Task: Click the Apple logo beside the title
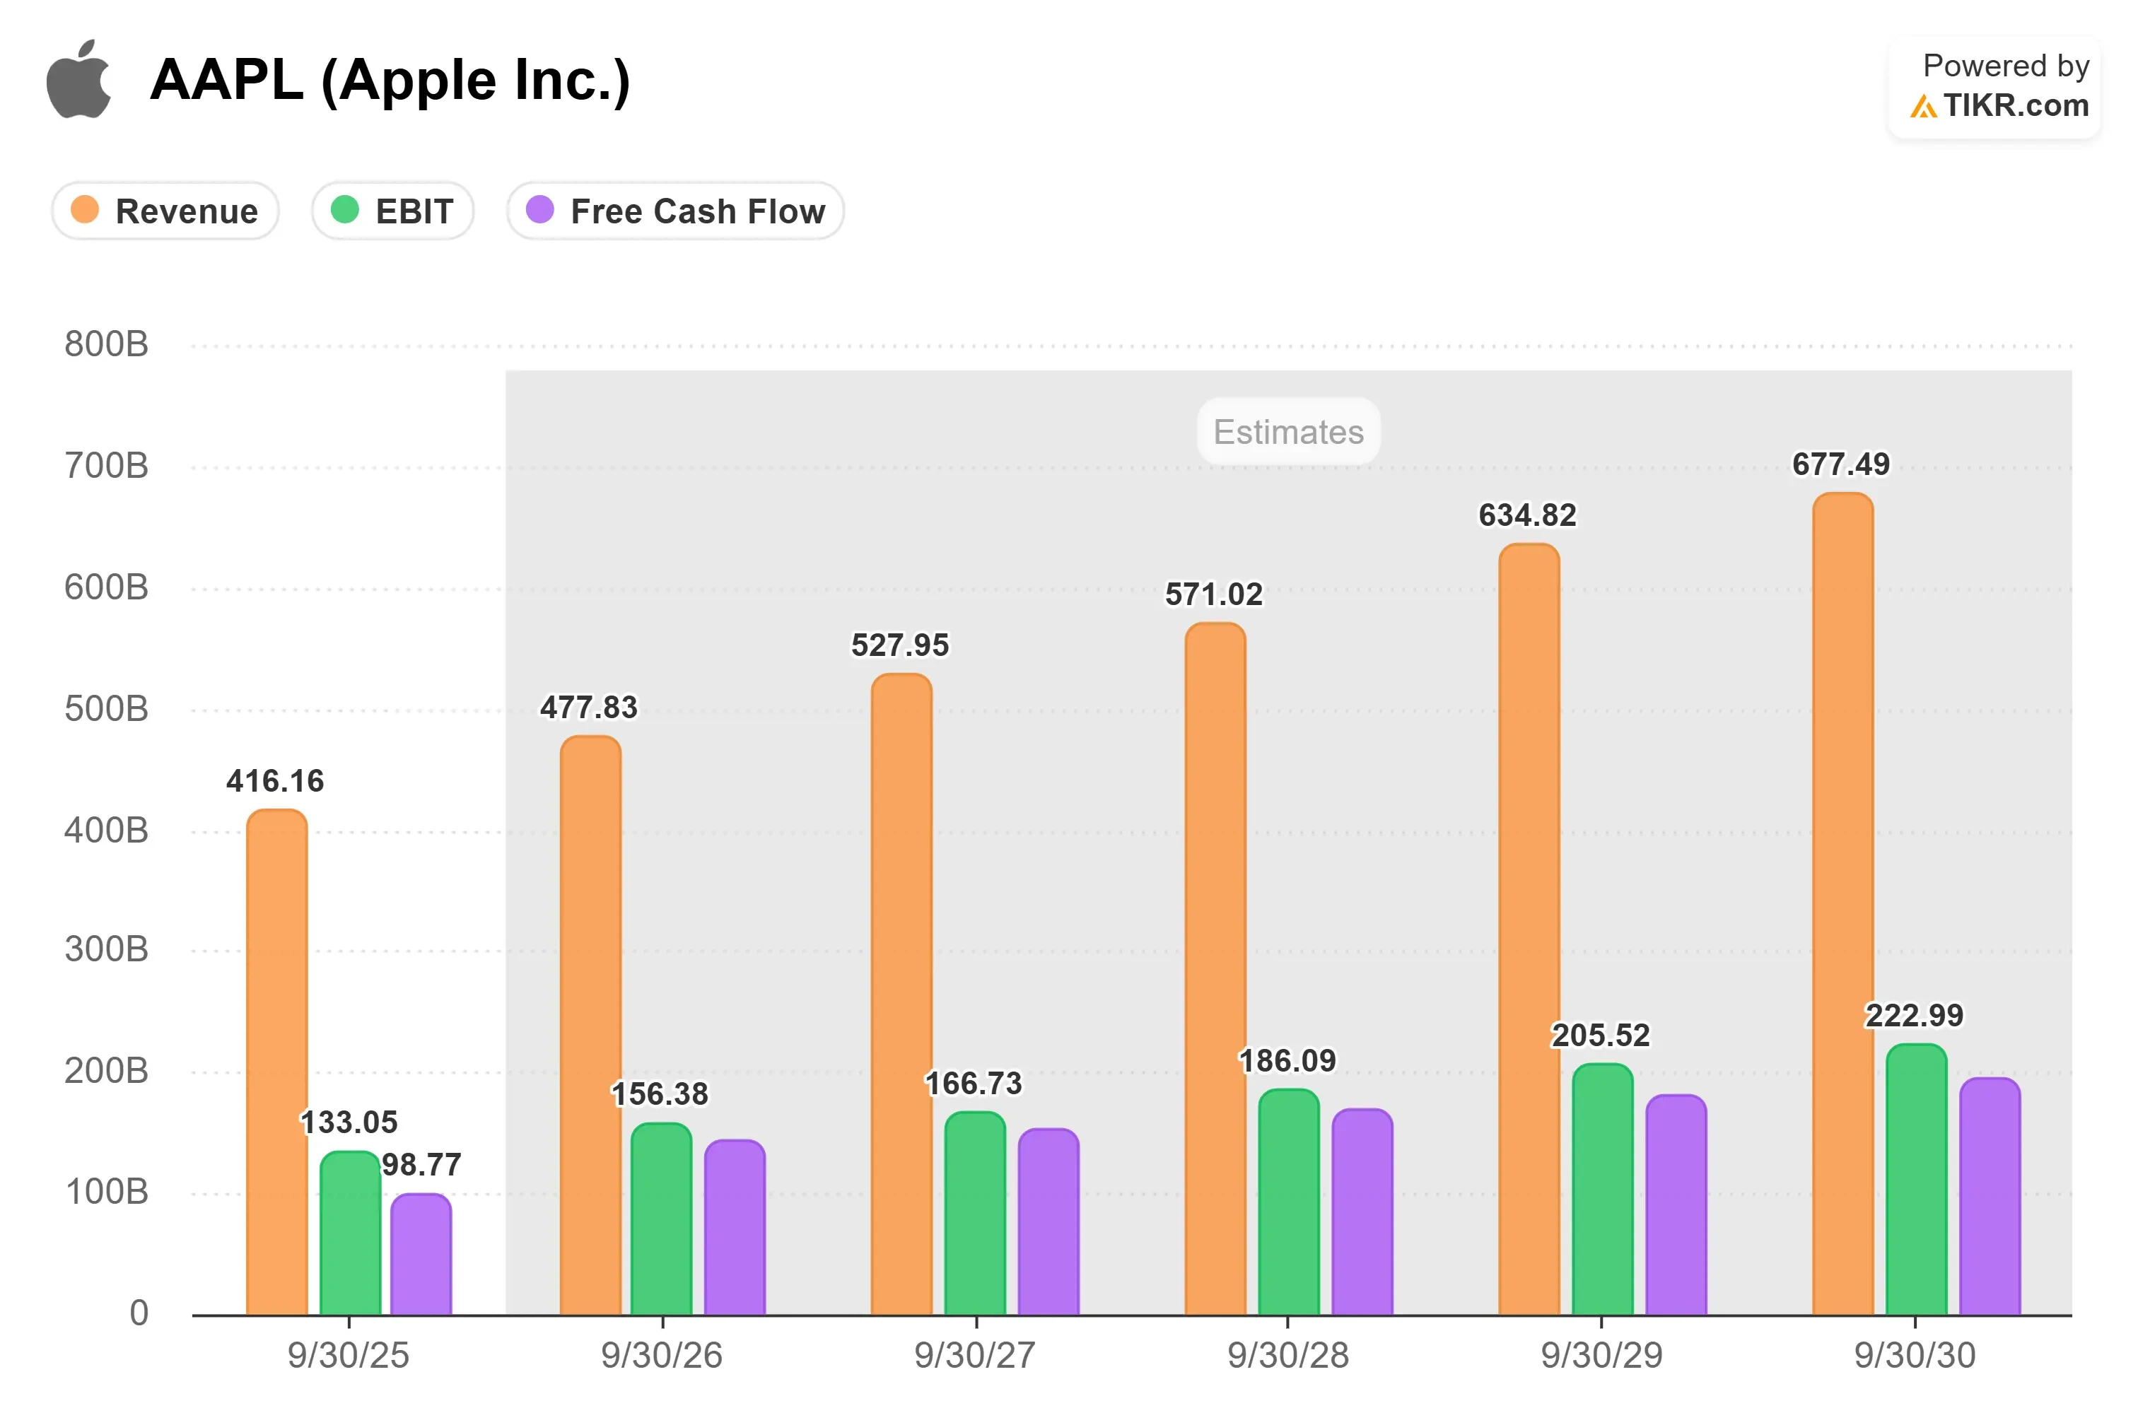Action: [79, 79]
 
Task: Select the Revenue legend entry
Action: [165, 211]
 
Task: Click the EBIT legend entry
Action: [392, 211]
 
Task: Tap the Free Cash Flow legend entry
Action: [675, 211]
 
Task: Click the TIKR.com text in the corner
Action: [2016, 105]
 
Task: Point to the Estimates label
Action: [1288, 432]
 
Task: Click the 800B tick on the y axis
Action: [106, 344]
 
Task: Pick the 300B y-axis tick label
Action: [106, 950]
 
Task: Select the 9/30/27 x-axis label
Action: [974, 1356]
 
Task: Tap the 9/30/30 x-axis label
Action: [1915, 1356]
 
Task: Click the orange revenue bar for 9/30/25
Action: [277, 1062]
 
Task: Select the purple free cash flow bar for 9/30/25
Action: [421, 1254]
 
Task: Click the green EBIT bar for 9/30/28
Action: [1289, 1202]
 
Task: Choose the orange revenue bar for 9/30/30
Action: [1843, 904]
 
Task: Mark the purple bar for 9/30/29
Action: [1676, 1205]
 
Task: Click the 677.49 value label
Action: [1841, 464]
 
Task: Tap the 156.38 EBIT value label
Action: [660, 1094]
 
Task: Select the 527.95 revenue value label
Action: [900, 645]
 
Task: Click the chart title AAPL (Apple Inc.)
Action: [390, 80]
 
